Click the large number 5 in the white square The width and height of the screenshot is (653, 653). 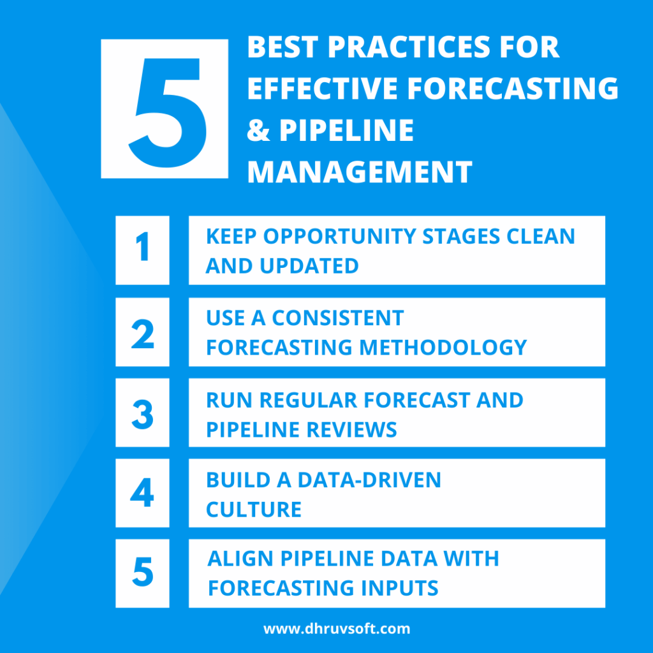click(165, 109)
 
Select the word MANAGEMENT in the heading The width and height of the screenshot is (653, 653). click(360, 172)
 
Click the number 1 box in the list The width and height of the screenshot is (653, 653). click(142, 249)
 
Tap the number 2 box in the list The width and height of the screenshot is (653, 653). click(142, 332)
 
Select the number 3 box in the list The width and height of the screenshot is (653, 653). click(142, 413)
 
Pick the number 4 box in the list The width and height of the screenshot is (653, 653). click(142, 493)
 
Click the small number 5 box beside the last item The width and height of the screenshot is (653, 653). click(142, 573)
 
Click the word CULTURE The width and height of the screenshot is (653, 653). click(254, 510)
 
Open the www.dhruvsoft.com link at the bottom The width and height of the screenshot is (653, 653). click(337, 629)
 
